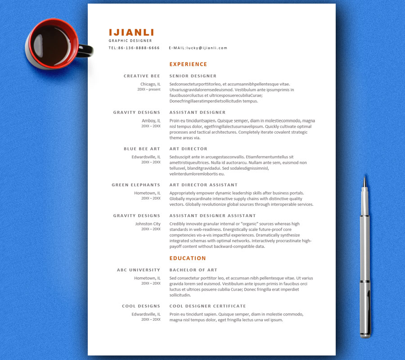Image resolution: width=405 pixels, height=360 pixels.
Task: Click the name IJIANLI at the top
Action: coord(131,32)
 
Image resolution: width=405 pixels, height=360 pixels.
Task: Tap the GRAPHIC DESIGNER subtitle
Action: coord(130,40)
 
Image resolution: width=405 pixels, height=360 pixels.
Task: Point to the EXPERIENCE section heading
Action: coord(188,64)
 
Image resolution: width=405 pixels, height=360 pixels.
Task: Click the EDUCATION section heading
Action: coord(188,258)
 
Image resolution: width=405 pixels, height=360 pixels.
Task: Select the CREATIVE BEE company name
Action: coord(142,76)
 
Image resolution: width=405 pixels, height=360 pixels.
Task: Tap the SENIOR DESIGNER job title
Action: coord(193,76)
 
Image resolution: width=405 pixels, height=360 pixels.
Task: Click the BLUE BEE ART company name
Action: coord(142,149)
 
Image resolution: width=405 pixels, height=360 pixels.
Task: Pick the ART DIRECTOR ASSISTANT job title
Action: coord(203,185)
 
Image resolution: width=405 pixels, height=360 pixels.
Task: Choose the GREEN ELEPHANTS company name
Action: coord(136,185)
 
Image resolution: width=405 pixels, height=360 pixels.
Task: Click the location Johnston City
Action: coord(148,224)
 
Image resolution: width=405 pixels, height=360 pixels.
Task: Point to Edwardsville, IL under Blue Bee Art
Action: coord(146,157)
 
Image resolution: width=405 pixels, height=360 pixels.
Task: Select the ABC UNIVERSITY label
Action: coord(138,270)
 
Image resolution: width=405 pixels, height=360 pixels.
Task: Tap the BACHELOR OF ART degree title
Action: coord(193,270)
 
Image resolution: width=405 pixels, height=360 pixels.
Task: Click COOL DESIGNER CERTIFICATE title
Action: coord(207,306)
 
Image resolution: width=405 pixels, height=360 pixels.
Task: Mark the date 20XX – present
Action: coord(148,90)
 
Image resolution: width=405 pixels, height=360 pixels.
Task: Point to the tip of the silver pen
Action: coord(364,179)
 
